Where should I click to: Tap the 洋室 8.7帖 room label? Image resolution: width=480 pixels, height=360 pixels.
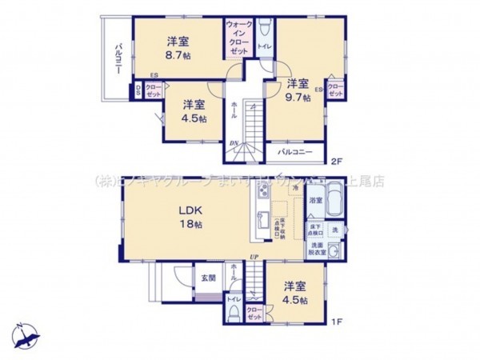pos(178,47)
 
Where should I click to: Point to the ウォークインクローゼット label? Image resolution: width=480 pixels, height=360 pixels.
pos(239,37)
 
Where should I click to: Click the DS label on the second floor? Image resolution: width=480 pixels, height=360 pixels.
pos(138,90)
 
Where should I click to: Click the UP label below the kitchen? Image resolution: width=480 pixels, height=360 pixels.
pos(253,256)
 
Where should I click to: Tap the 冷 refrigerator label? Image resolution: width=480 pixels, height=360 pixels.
pos(294,187)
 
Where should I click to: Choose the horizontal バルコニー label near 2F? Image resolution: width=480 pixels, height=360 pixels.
pos(294,150)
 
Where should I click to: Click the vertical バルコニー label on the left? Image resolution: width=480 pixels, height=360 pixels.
pos(117,59)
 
